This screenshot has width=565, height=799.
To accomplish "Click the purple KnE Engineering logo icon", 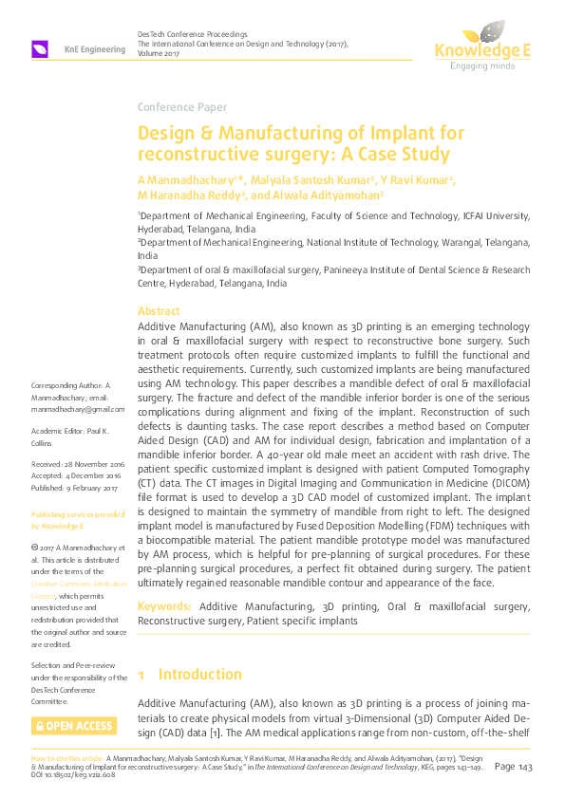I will pyautogui.click(x=41, y=48).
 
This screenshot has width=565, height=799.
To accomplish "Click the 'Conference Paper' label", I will pyautogui.click(x=179, y=106).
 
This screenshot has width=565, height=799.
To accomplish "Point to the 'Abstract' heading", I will pyautogui.click(x=159, y=311).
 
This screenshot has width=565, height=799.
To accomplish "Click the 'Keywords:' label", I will pyautogui.click(x=165, y=605).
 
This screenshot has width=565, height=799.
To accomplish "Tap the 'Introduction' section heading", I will pyautogui.click(x=199, y=675).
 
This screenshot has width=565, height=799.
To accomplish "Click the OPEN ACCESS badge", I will pyautogui.click(x=74, y=726).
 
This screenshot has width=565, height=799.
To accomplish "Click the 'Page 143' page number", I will pyautogui.click(x=517, y=766).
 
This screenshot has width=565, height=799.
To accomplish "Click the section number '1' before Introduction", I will pyautogui.click(x=141, y=675).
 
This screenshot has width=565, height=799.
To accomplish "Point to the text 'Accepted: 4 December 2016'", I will pyautogui.click(x=76, y=476).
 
